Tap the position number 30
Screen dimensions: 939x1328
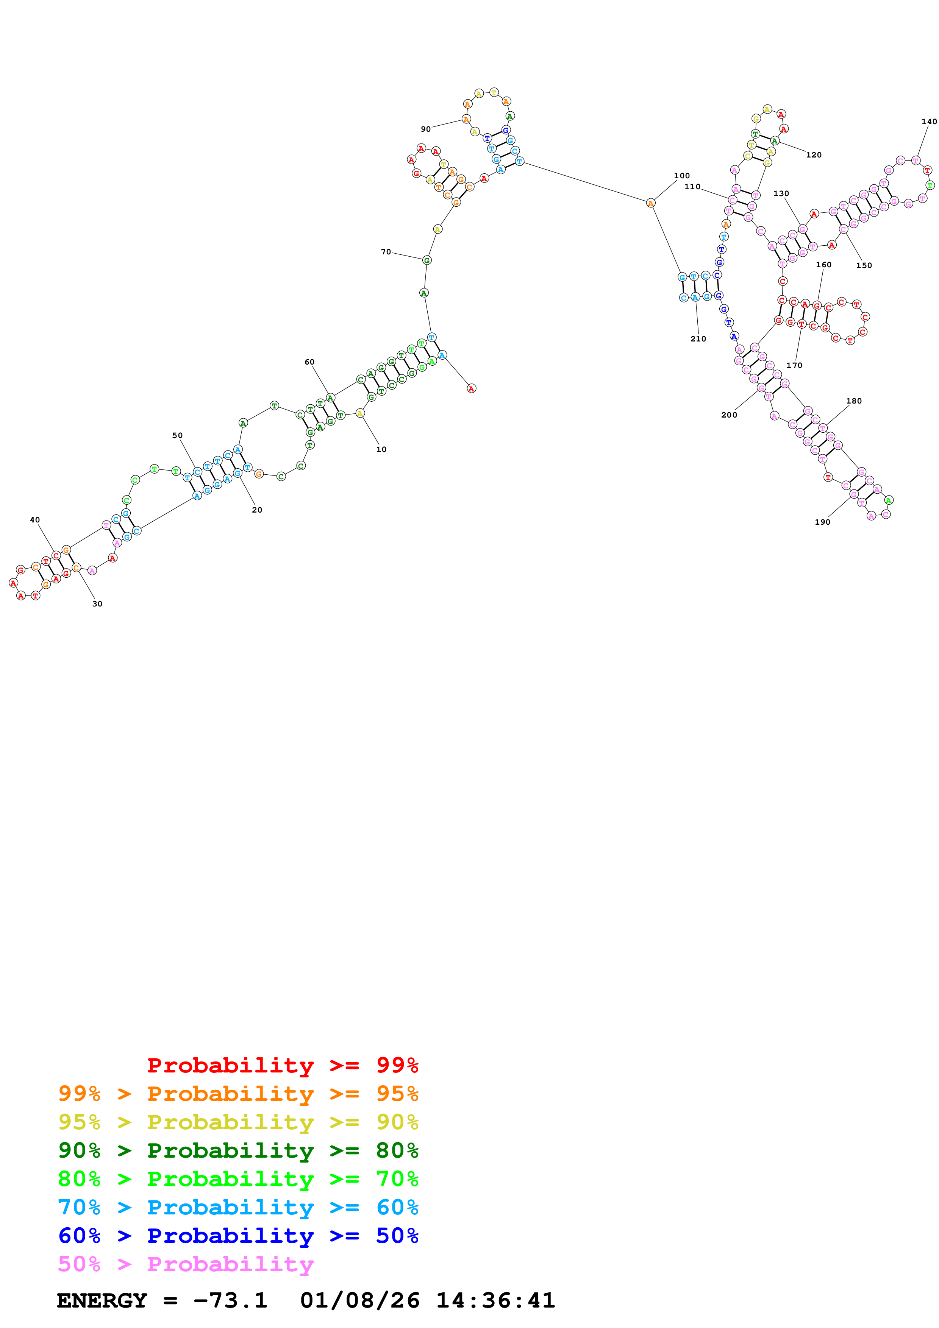(97, 604)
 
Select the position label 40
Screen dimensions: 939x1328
(35, 520)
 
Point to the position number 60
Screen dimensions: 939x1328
(309, 362)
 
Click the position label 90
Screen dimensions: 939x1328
(425, 129)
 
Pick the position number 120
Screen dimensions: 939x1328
(814, 155)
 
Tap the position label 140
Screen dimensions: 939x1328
(929, 122)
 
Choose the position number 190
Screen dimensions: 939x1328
(822, 522)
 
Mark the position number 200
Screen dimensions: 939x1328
(729, 415)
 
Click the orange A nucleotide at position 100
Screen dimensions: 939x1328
(650, 203)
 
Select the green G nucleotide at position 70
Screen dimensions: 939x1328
(427, 260)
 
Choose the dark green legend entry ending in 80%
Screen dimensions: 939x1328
(238, 1150)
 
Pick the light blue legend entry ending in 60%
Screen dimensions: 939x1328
(238, 1207)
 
